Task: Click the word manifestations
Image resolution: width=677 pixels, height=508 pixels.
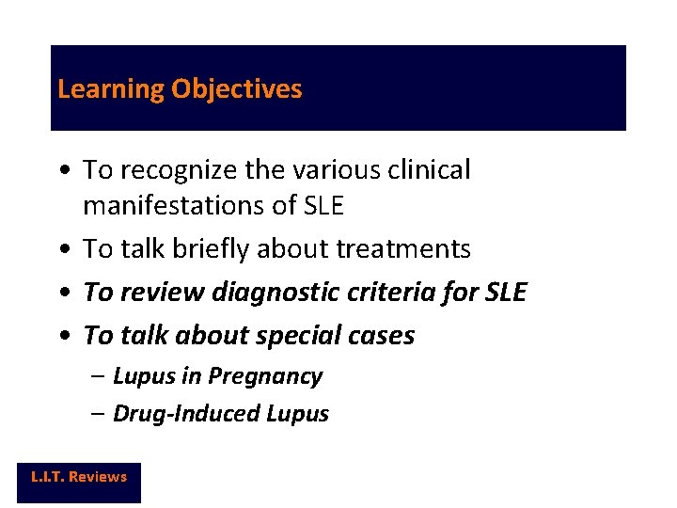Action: pyautogui.click(x=186, y=204)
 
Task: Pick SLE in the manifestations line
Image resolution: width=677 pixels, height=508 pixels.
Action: pyautogui.click(x=323, y=204)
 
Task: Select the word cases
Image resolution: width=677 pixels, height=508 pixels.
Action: pyautogui.click(x=382, y=335)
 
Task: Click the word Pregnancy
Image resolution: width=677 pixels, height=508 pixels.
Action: pyautogui.click(x=265, y=376)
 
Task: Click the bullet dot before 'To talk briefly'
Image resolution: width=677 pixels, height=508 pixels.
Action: pyautogui.click(x=62, y=249)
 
